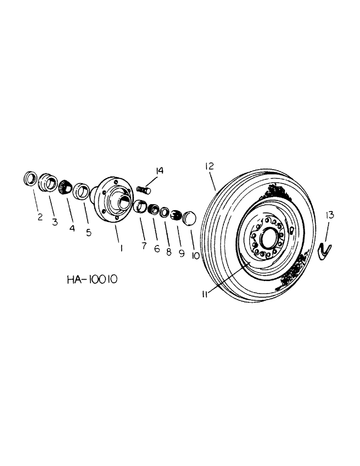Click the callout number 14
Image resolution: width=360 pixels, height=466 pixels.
(159, 171)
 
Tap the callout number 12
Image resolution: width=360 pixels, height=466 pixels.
(208, 166)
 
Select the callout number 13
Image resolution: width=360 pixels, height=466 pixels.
(330, 215)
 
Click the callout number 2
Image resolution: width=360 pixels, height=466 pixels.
(40, 216)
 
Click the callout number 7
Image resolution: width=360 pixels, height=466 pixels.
(144, 245)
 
